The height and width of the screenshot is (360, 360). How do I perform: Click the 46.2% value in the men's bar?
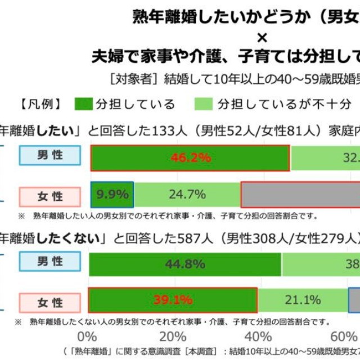190,158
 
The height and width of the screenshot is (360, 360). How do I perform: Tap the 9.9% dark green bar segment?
112,195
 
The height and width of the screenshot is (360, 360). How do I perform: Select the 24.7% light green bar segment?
187,195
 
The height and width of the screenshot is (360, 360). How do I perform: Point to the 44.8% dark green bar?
184,264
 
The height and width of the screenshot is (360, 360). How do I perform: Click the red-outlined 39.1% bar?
172,300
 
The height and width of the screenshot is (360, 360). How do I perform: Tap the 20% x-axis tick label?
173,337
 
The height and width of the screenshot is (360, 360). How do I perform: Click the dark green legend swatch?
83,104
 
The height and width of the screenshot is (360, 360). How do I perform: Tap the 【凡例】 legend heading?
40,104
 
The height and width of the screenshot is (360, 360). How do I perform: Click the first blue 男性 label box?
50,156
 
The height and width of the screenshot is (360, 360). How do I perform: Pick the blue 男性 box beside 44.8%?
50,262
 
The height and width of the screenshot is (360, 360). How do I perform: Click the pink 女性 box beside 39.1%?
50,303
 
